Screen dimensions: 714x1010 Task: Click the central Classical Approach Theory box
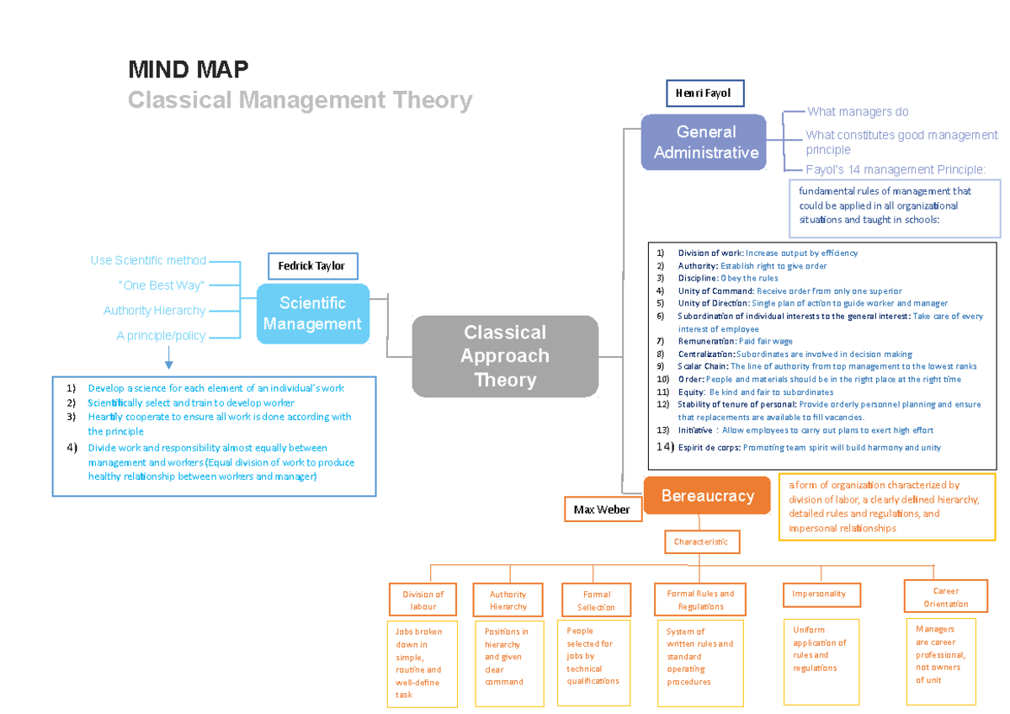click(x=505, y=356)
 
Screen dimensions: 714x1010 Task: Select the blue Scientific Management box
click(x=312, y=313)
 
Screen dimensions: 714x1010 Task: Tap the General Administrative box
click(x=705, y=142)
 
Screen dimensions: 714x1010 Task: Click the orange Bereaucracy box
click(x=707, y=496)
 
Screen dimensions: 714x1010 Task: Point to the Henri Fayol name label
click(x=704, y=93)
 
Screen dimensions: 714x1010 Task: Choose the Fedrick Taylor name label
click(x=312, y=266)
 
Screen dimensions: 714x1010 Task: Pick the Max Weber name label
click(x=602, y=509)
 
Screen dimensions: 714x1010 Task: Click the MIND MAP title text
click(x=188, y=68)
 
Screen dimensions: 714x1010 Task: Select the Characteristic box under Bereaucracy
click(x=701, y=542)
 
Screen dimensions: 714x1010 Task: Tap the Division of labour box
click(x=423, y=600)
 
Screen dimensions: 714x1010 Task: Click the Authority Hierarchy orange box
click(x=508, y=600)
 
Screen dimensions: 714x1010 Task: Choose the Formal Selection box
click(x=597, y=600)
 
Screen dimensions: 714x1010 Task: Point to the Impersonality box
click(x=818, y=594)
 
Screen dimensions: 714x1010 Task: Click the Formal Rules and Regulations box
click(x=700, y=599)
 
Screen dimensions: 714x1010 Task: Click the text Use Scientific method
click(x=148, y=261)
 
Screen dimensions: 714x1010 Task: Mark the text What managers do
click(x=857, y=112)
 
